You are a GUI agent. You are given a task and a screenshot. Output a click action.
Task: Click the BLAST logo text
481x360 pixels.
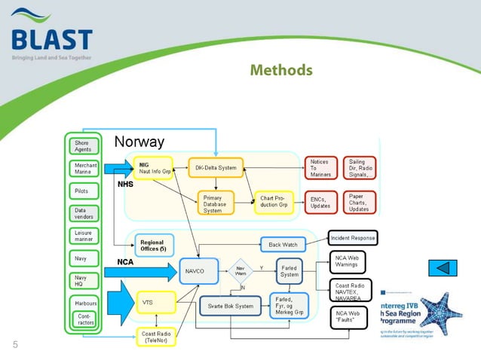[51, 39]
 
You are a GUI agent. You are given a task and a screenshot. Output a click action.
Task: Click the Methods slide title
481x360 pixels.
[280, 71]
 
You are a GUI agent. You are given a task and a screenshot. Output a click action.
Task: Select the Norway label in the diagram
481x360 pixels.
[139, 142]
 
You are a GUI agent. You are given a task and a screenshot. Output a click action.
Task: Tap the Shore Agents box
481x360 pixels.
[82, 146]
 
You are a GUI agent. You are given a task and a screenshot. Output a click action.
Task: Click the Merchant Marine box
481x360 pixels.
[82, 168]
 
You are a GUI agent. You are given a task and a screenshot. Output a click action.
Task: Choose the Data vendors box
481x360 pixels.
[82, 214]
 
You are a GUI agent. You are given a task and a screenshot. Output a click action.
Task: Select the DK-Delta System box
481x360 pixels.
[215, 168]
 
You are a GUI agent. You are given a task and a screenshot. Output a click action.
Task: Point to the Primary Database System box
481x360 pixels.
[215, 202]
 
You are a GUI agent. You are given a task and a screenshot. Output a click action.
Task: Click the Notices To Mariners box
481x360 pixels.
[321, 168]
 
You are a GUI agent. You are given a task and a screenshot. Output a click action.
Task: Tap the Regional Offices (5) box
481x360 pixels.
[155, 245]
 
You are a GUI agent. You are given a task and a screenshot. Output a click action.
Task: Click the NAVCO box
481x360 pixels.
[198, 270]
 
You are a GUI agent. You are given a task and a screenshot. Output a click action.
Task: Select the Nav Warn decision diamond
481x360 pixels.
[240, 270]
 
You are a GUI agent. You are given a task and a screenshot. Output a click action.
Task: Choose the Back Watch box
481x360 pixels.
[283, 245]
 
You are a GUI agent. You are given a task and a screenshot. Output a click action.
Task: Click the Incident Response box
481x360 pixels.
[352, 238]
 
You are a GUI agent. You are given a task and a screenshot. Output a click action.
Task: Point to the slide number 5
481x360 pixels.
[14, 345]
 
